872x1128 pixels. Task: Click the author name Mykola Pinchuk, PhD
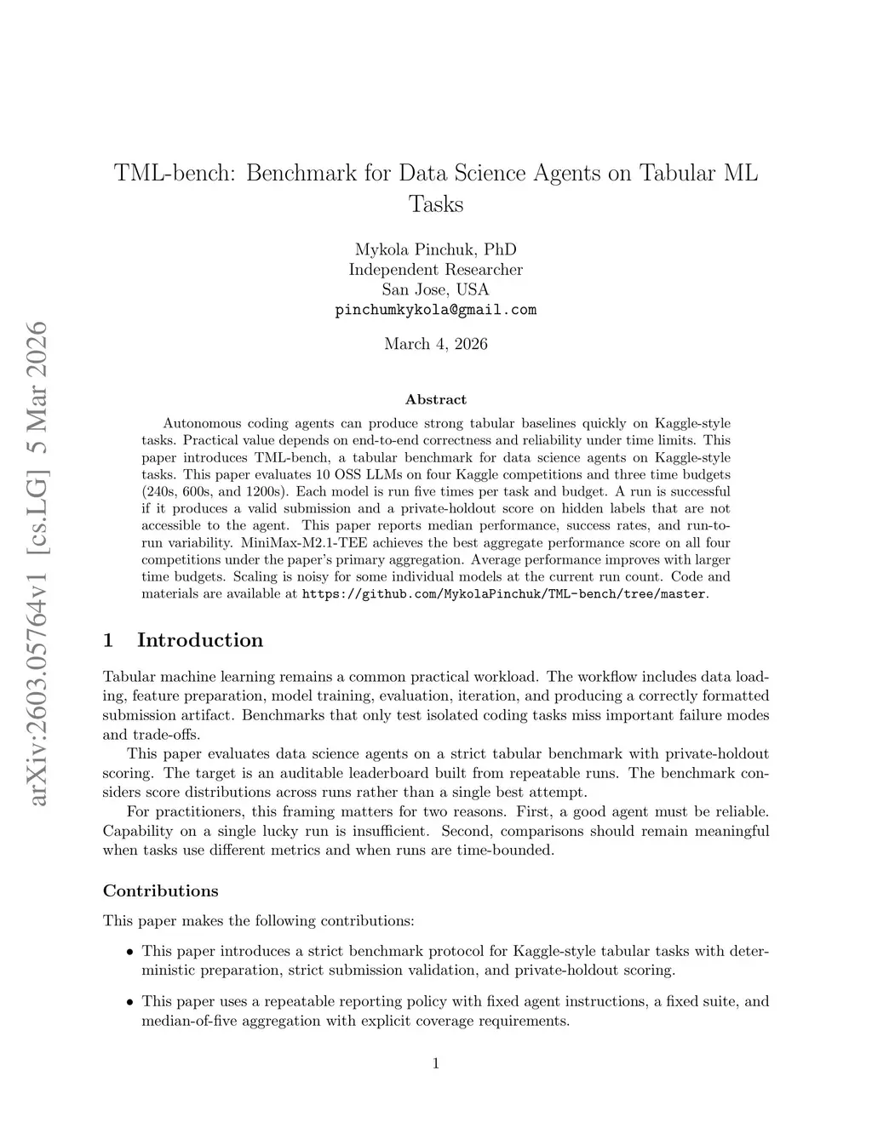click(x=435, y=249)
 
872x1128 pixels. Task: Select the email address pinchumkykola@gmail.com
click(x=435, y=310)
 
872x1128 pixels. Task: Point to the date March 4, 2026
click(x=435, y=344)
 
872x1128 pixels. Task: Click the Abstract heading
click(x=435, y=399)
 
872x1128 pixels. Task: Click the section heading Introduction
click(x=200, y=640)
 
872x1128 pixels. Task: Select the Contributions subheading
click(x=160, y=891)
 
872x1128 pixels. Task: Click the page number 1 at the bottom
click(x=435, y=1062)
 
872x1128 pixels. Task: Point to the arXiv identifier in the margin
click(x=37, y=562)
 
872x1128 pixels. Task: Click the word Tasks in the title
click(x=435, y=204)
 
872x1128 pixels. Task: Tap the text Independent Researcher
click(x=435, y=270)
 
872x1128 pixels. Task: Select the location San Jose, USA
click(x=435, y=289)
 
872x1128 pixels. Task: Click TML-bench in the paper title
click(x=175, y=173)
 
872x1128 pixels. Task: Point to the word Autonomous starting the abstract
click(x=201, y=423)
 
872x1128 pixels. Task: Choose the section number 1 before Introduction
click(x=108, y=640)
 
